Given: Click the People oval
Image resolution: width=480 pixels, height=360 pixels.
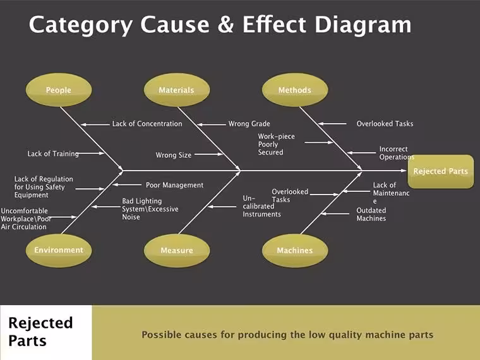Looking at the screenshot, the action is [59, 90].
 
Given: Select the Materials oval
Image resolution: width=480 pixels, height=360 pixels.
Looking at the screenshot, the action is [177, 90].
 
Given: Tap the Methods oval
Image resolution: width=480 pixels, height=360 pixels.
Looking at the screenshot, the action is [295, 90].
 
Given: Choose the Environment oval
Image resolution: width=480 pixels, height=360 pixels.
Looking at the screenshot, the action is [59, 250].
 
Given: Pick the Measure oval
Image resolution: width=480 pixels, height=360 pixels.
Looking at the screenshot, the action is [177, 250].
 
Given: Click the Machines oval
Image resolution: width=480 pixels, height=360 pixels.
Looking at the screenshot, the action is [295, 250].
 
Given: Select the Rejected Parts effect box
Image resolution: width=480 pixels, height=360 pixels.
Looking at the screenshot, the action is [440, 171].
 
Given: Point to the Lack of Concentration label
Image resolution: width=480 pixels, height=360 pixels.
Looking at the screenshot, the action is [147, 124].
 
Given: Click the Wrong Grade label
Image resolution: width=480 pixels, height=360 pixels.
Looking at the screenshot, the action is [249, 124].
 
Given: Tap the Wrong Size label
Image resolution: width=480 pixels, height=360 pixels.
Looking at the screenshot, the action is [174, 155].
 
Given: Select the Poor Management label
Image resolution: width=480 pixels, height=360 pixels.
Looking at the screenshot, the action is [174, 185].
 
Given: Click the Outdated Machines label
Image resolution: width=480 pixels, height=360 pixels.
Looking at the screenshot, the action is [371, 214].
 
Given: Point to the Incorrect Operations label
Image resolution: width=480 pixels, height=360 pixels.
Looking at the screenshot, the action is [397, 153].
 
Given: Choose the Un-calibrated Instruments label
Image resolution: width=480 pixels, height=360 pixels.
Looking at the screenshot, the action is [261, 206].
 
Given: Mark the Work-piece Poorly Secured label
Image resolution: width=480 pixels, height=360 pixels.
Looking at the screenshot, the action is [276, 144].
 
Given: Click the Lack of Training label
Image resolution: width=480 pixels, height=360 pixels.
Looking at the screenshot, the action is [53, 153].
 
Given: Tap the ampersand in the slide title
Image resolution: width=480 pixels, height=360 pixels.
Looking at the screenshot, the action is [226, 25].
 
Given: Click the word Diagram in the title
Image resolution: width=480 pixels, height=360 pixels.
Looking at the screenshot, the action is [363, 25].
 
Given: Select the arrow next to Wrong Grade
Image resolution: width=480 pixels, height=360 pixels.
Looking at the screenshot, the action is [211, 124].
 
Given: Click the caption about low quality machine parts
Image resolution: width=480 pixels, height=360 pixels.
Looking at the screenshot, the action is [287, 335].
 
